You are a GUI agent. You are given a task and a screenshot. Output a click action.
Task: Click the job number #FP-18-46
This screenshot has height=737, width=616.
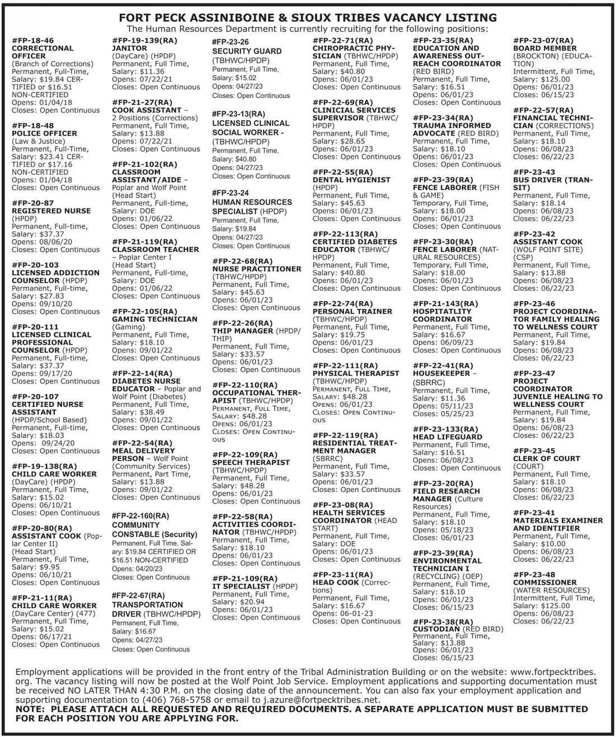click(33, 40)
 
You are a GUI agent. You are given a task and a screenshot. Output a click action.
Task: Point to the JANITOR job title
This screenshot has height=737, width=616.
click(129, 48)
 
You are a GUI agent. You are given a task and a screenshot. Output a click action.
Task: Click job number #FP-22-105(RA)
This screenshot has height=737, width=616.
click(144, 311)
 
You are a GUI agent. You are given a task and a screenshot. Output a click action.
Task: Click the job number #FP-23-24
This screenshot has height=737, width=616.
click(231, 193)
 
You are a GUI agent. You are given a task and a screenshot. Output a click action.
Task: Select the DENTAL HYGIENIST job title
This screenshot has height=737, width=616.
click(351, 180)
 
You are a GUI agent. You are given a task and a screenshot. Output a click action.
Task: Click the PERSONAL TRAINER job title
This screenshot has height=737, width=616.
click(352, 311)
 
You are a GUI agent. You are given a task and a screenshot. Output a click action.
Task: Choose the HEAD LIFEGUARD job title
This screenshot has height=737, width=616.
click(447, 436)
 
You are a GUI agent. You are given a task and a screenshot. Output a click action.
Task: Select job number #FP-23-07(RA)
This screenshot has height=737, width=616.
click(543, 40)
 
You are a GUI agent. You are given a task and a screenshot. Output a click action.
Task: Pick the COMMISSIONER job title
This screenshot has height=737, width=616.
click(544, 582)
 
